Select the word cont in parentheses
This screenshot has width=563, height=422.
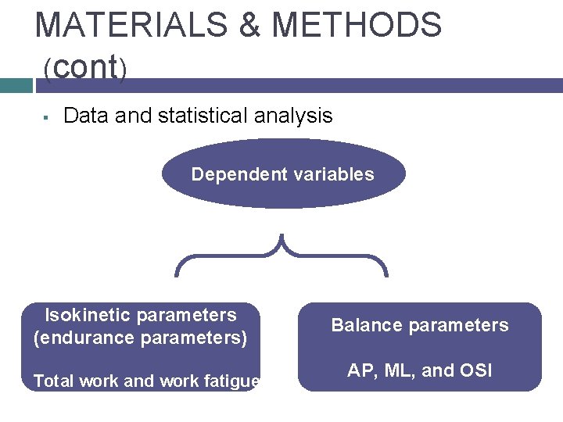point(86,67)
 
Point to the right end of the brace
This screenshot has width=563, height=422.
point(385,274)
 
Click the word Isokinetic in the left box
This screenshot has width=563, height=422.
point(90,315)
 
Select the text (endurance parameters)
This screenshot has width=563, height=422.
point(140,338)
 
